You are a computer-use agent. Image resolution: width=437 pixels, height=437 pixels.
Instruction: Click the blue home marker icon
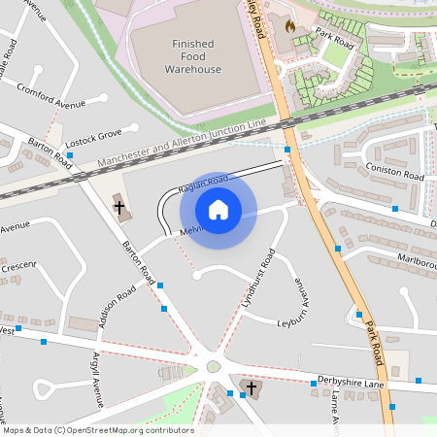(218, 209)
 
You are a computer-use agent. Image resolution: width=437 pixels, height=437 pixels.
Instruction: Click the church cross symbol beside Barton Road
(119, 207)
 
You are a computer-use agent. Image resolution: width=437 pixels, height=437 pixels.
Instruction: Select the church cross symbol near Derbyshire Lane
(252, 388)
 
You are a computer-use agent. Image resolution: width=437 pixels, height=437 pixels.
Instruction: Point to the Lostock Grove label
(95, 133)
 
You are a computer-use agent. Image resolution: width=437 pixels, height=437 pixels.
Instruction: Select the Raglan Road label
(204, 182)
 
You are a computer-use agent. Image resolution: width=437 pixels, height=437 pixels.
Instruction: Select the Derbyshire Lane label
(352, 381)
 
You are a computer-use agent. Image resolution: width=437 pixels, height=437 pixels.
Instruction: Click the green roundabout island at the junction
(214, 367)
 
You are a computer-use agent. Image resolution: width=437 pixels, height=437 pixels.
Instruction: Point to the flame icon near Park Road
(289, 26)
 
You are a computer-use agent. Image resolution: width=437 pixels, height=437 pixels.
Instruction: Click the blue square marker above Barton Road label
(70, 154)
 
